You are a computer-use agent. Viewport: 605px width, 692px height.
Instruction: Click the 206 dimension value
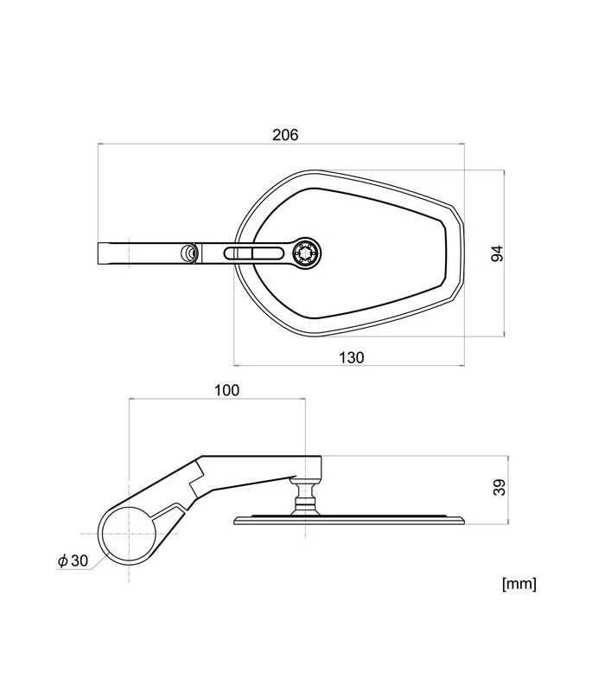[x=285, y=135]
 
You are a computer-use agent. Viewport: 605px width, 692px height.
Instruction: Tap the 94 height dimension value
[x=497, y=253]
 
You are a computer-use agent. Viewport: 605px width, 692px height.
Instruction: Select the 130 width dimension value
[x=352, y=357]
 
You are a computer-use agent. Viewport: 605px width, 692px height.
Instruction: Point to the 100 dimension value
[x=226, y=390]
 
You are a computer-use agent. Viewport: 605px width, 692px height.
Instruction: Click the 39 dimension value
[x=500, y=487]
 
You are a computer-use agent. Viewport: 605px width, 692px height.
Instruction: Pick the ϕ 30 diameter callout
[x=73, y=561]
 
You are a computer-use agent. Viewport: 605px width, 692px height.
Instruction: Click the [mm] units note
[x=519, y=584]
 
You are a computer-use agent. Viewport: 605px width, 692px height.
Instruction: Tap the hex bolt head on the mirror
[x=307, y=253]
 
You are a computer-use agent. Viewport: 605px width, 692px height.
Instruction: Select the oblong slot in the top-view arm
[x=253, y=253]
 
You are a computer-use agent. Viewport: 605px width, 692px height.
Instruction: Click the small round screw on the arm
[x=188, y=253]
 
